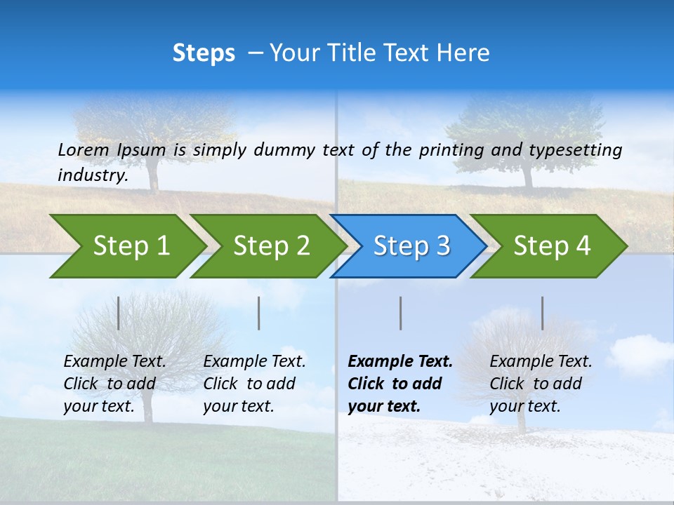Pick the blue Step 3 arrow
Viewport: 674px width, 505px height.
pyautogui.click(x=411, y=246)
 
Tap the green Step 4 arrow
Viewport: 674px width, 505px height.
pyautogui.click(x=552, y=246)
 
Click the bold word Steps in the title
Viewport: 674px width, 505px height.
pyautogui.click(x=204, y=53)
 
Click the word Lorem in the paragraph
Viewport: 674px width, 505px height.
pyautogui.click(x=83, y=149)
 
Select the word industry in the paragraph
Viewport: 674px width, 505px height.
pyautogui.click(x=92, y=175)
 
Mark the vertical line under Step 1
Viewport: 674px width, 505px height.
pyautogui.click(x=119, y=313)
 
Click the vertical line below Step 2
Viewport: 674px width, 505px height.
pyautogui.click(x=259, y=313)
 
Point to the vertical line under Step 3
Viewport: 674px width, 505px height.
pyautogui.click(x=401, y=313)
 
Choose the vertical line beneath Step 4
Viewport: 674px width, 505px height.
pyautogui.click(x=543, y=313)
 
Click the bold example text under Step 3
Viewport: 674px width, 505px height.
pyautogui.click(x=399, y=384)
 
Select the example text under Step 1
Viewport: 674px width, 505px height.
pyautogui.click(x=114, y=384)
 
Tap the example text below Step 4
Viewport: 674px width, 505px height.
pyautogui.click(x=541, y=384)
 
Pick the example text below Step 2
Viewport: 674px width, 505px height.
pyautogui.click(x=254, y=384)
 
